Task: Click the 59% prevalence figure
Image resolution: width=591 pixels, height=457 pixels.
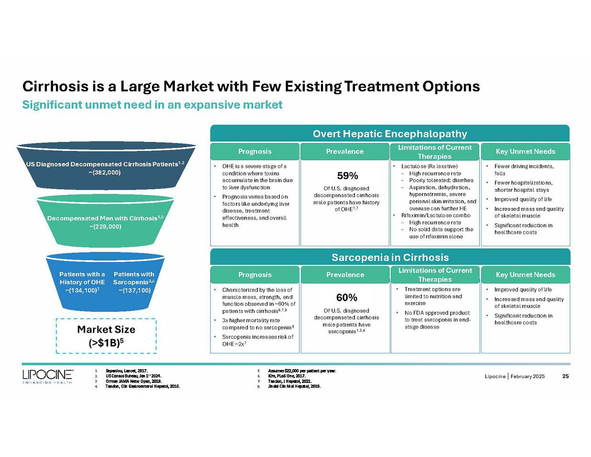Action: click(347, 176)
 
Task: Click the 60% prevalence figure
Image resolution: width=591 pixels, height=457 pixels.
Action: click(347, 298)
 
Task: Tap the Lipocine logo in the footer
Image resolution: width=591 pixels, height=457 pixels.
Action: click(47, 376)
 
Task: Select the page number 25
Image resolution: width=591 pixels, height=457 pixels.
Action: click(565, 376)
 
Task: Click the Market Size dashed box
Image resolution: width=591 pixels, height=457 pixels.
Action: click(106, 336)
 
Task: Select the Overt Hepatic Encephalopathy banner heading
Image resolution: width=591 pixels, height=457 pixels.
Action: click(389, 134)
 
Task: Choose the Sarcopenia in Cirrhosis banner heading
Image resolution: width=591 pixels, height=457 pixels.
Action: click(390, 257)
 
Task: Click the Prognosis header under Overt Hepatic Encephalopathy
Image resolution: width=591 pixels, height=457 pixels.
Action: click(255, 152)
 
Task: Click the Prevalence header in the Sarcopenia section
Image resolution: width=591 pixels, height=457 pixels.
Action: click(345, 275)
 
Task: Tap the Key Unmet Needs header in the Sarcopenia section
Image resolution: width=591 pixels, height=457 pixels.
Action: click(525, 275)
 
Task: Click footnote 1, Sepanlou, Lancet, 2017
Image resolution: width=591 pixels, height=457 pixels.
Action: click(127, 371)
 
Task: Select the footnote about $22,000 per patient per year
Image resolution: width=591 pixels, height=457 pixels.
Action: click(302, 371)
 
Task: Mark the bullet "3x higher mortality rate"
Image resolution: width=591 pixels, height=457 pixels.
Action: click(258, 324)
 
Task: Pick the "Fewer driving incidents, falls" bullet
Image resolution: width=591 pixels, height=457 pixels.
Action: click(524, 170)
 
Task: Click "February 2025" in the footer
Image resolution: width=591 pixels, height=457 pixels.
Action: click(527, 377)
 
